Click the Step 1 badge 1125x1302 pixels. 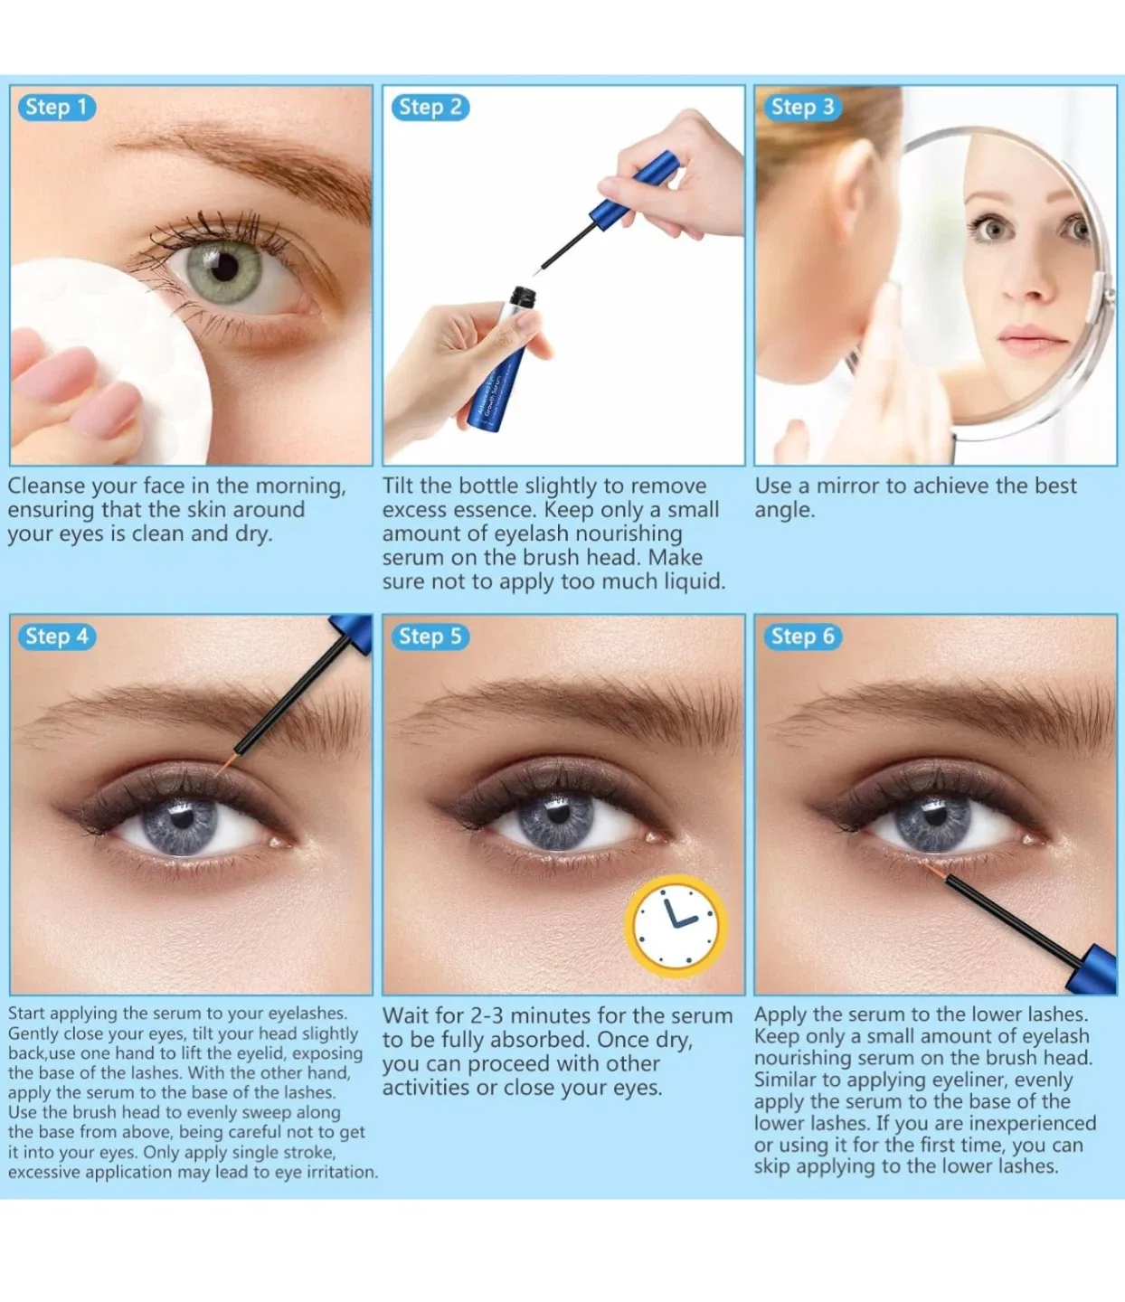point(56,108)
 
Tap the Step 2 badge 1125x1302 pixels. point(430,108)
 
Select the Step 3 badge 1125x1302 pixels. point(801,108)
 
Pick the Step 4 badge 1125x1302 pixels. point(56,637)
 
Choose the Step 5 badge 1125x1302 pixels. point(430,637)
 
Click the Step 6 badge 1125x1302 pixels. point(801,637)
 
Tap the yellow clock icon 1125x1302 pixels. point(676,925)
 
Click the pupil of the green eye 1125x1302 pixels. point(223,266)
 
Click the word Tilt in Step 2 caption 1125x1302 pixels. point(401,486)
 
